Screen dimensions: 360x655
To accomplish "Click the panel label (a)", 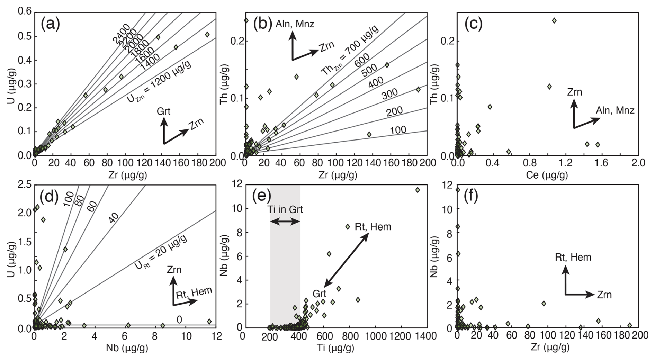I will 50,24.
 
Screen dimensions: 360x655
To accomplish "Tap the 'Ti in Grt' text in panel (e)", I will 285,209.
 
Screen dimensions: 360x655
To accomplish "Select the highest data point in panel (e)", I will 418,190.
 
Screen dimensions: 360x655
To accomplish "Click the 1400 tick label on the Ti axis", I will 426,336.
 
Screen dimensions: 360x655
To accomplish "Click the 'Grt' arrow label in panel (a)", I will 164,111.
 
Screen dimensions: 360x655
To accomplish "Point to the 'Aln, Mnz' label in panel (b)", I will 295,24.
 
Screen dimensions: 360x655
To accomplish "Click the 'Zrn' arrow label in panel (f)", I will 604,295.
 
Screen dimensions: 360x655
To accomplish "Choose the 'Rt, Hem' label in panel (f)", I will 573,257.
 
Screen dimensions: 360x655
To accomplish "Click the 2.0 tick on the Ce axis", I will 638,163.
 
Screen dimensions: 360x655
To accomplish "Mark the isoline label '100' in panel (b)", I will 398,130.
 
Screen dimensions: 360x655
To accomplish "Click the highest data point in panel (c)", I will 554,20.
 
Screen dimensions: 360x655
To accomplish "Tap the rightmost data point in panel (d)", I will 209,322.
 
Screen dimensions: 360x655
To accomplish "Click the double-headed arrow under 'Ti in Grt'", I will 285,222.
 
